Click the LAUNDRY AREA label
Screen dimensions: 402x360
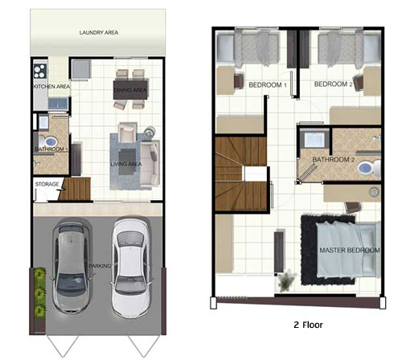[x=99, y=33]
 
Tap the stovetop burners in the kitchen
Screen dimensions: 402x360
[x=40, y=71]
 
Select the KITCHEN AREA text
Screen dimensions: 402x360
[x=51, y=87]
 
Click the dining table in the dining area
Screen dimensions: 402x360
[x=130, y=90]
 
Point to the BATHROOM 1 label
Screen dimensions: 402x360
[x=51, y=149]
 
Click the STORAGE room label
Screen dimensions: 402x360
[x=47, y=184]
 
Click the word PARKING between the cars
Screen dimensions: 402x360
[x=100, y=266]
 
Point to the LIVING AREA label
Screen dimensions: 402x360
[x=126, y=164]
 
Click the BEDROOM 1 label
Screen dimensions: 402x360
[x=268, y=85]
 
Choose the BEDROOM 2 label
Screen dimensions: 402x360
[x=333, y=84]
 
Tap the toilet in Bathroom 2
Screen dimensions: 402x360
[x=369, y=168]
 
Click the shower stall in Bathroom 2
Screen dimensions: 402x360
[x=314, y=138]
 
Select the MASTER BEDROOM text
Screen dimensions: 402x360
[x=350, y=250]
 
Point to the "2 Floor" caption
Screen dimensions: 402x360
[x=308, y=325]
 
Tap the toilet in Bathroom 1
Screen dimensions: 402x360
[x=49, y=141]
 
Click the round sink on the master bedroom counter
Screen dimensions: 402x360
[x=374, y=192]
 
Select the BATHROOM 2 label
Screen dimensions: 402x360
[x=334, y=160]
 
